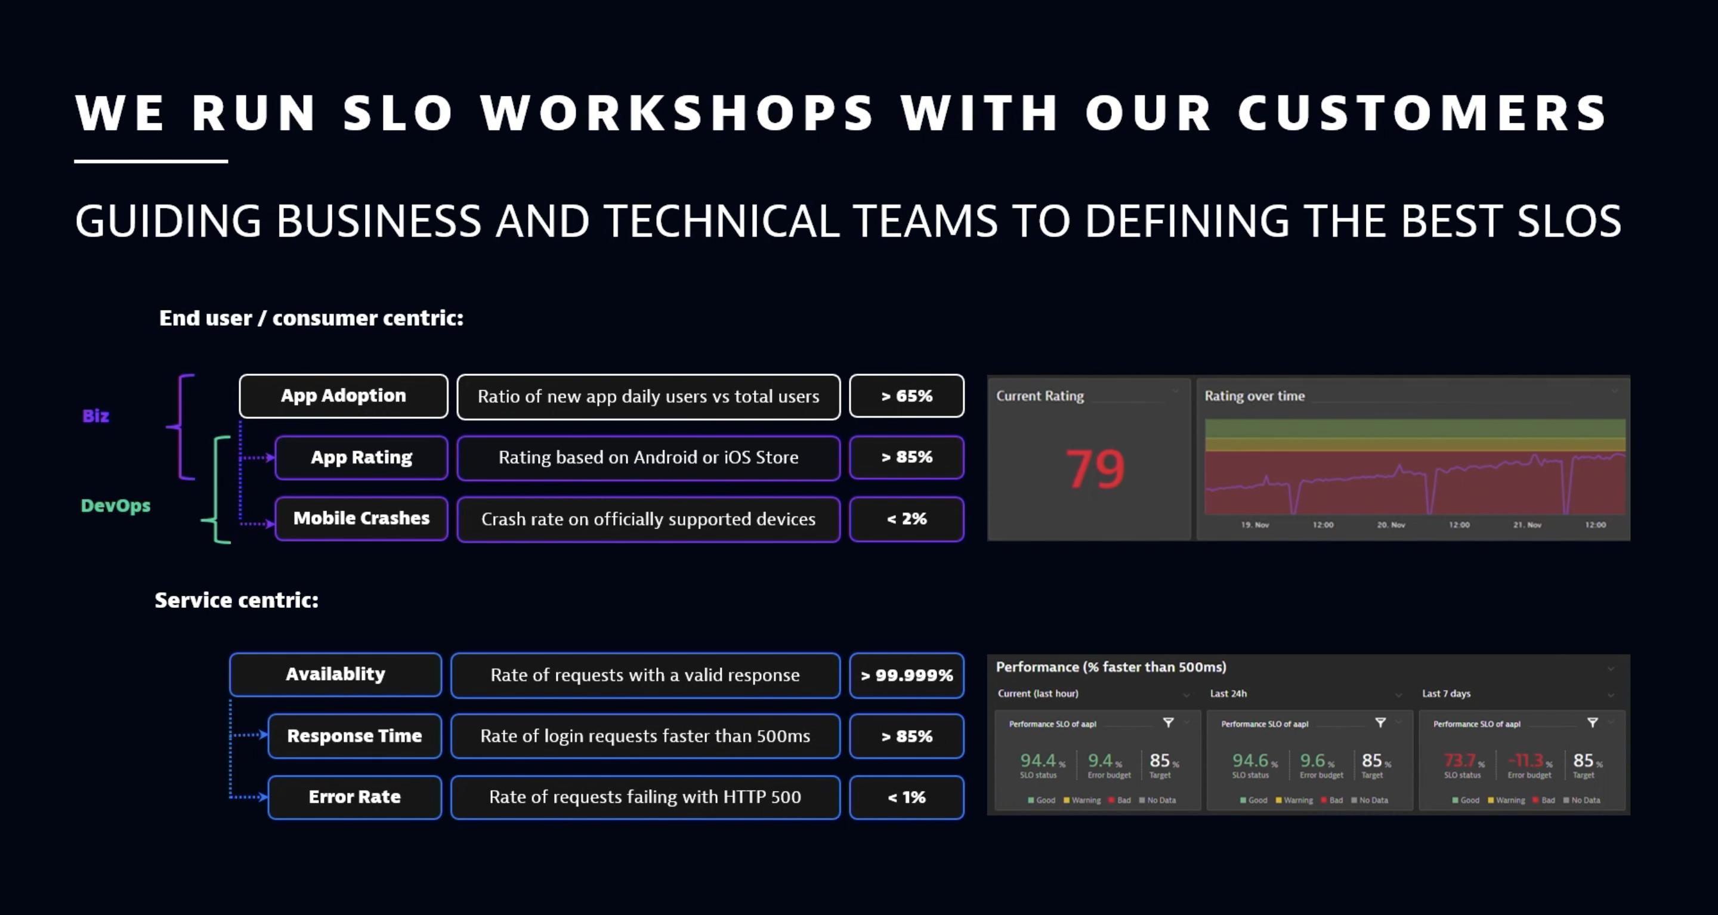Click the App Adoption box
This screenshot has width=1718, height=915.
[343, 396]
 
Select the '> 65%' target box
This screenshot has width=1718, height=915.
[906, 396]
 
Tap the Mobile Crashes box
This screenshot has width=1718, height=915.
[361, 519]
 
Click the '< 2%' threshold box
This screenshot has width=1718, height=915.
[906, 519]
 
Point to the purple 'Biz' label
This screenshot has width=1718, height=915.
[95, 416]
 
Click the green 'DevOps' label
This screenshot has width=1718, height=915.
[115, 506]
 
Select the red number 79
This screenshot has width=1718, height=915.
[1095, 469]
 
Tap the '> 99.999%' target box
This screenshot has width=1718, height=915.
[906, 675]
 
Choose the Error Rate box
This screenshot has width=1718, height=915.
[354, 797]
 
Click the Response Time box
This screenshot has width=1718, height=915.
[354, 735]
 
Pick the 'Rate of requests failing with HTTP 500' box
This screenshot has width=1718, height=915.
[645, 797]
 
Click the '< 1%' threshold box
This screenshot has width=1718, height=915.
[906, 797]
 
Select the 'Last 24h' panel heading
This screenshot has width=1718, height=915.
[1228, 694]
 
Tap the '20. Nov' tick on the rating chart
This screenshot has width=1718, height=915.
[1391, 525]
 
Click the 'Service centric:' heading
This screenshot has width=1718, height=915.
[236, 600]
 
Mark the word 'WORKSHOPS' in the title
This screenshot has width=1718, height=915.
[676, 112]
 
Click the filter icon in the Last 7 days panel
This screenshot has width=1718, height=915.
[1592, 723]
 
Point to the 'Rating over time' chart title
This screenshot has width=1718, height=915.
[1254, 396]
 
